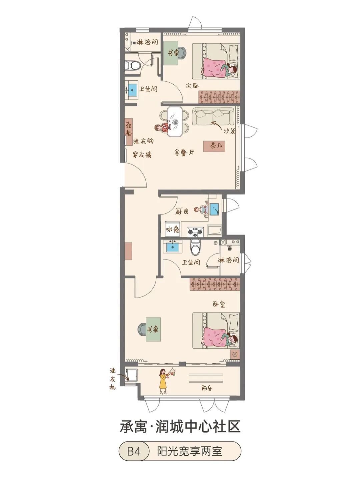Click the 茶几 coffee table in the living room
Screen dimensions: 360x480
(x=214, y=146)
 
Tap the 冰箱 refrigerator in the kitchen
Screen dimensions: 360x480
(x=173, y=229)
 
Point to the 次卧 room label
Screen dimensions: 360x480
(x=192, y=85)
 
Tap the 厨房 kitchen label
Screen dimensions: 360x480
(x=182, y=211)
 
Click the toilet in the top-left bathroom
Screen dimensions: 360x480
(x=133, y=65)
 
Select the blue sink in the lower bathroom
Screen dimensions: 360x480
(x=173, y=247)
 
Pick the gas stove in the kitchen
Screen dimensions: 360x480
(x=195, y=231)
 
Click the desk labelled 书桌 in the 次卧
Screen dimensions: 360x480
(x=173, y=53)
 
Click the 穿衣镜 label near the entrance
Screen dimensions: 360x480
(x=142, y=155)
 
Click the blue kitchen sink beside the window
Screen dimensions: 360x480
(x=214, y=209)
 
